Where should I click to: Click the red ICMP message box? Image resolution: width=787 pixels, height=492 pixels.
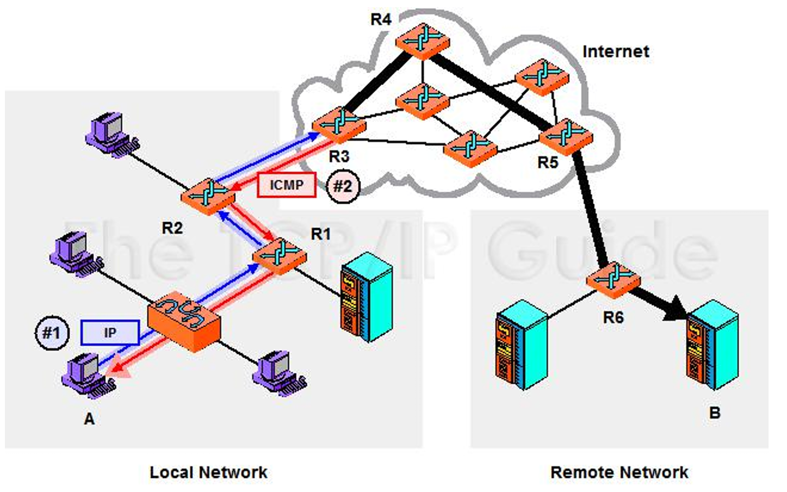click(x=287, y=185)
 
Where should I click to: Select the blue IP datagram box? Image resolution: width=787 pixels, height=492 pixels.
click(x=110, y=332)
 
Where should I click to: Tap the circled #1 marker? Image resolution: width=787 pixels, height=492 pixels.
click(x=52, y=333)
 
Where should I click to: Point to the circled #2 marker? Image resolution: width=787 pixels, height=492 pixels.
click(x=343, y=186)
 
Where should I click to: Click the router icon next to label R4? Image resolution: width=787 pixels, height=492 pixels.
click(x=422, y=41)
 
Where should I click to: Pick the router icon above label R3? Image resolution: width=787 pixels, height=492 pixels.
click(x=339, y=124)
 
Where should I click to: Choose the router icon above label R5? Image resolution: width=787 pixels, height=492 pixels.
click(x=566, y=137)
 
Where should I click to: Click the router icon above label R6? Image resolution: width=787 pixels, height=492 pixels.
click(x=613, y=280)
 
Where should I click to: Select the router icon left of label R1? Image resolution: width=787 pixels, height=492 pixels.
click(x=280, y=256)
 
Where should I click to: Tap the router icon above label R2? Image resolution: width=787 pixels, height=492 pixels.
click(x=208, y=196)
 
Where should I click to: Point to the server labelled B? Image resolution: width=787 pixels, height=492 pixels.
click(x=713, y=345)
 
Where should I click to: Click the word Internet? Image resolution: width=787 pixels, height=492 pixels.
click(x=616, y=51)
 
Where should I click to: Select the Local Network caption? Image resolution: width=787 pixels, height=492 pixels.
click(x=208, y=472)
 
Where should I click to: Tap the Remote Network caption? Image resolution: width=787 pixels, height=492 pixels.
click(x=620, y=472)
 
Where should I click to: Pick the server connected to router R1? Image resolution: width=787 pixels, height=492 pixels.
click(x=367, y=297)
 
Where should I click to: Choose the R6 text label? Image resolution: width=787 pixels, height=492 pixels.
click(x=613, y=318)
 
